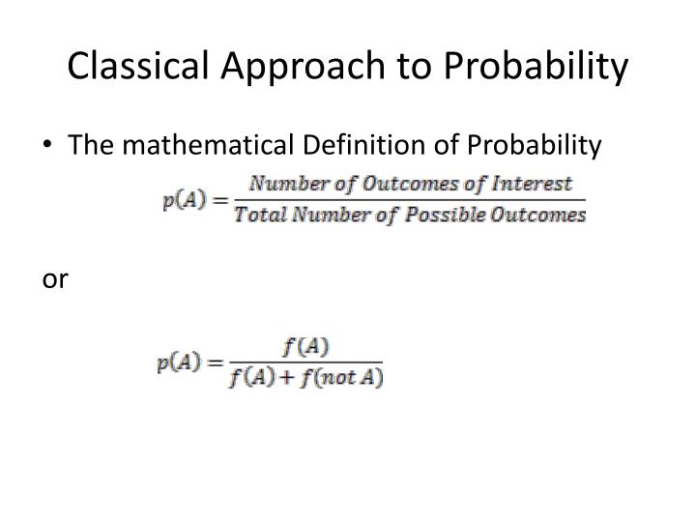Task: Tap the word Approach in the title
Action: pyautogui.click(x=297, y=66)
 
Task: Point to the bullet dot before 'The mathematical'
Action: pyautogui.click(x=49, y=146)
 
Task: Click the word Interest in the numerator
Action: pyautogui.click(x=536, y=184)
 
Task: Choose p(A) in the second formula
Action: pyautogui.click(x=178, y=363)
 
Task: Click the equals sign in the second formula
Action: pyautogui.click(x=213, y=363)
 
